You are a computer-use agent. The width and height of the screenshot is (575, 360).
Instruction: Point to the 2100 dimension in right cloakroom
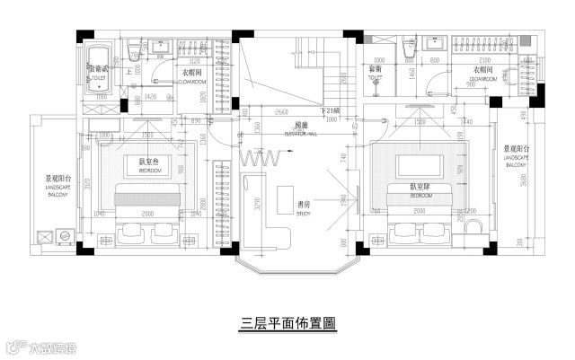point(485,40)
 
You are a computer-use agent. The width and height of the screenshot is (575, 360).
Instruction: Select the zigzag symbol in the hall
point(262,157)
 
